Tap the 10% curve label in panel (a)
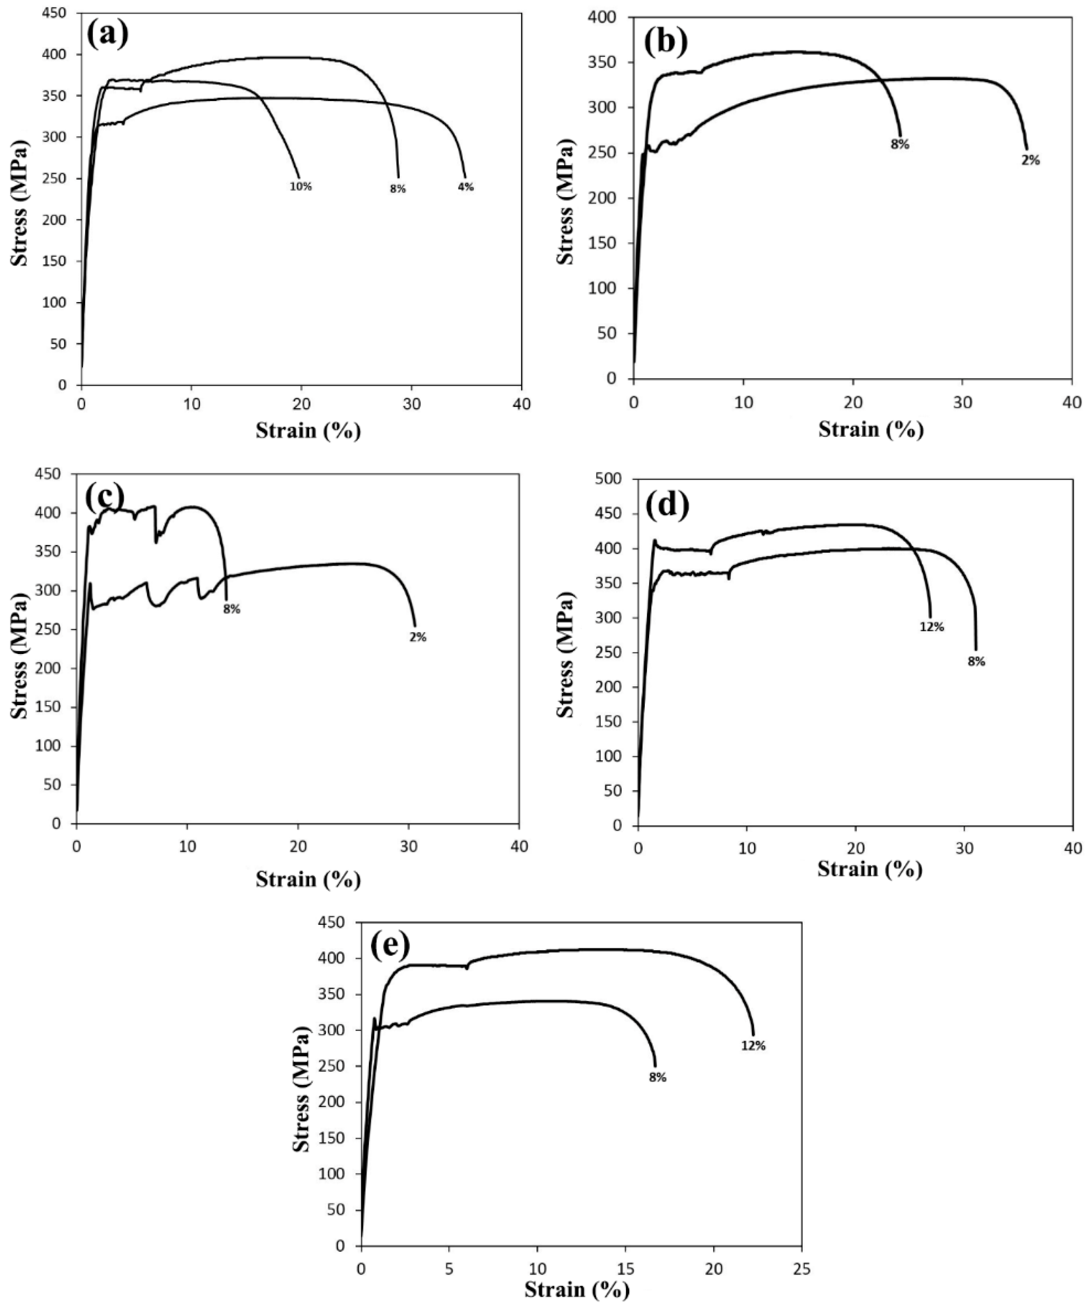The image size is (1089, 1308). click(300, 186)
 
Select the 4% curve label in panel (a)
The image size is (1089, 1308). click(465, 187)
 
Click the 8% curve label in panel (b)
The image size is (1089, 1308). click(900, 145)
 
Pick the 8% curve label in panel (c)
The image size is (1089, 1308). click(232, 609)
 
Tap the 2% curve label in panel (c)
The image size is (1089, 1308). click(418, 637)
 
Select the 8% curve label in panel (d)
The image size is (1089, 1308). click(976, 662)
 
